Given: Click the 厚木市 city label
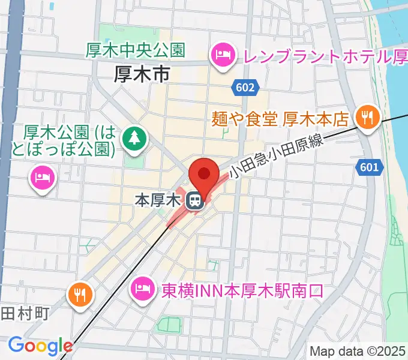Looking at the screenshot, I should click(142, 74).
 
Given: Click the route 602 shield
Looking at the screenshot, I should click(245, 88).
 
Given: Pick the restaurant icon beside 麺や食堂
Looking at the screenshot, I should click(365, 116).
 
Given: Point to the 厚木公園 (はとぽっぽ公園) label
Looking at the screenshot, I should click(69, 139).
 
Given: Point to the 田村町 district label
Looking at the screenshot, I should click(24, 313).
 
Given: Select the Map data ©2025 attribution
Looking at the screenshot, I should click(358, 351).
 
